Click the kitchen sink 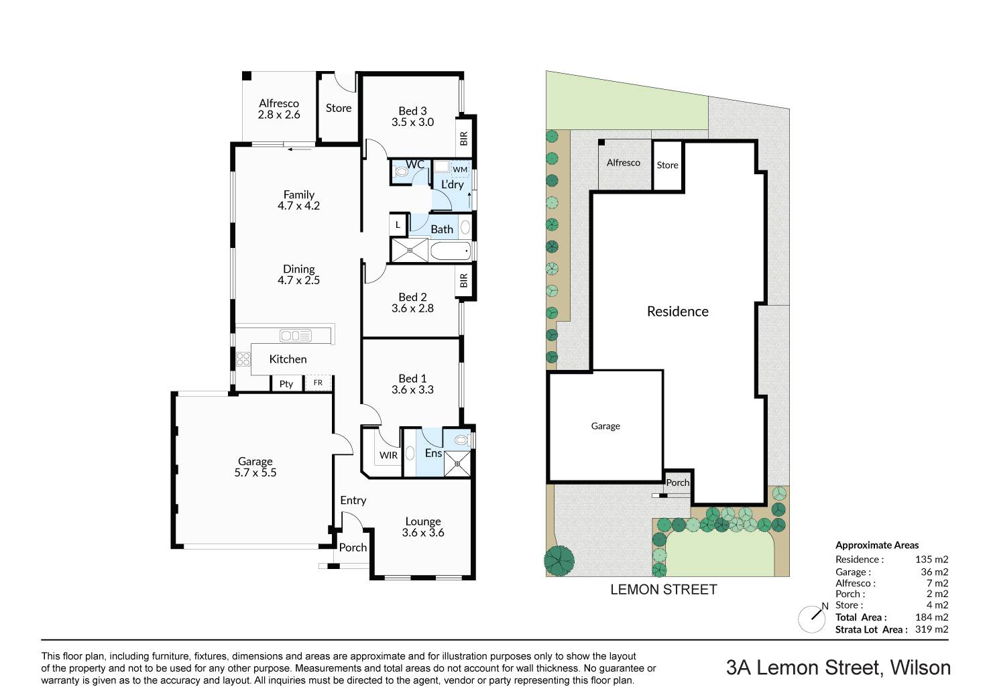click(296, 336)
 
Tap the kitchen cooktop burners click(243, 359)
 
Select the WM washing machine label click(460, 170)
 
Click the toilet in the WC click(401, 171)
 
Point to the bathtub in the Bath click(451, 251)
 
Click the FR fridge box click(318, 383)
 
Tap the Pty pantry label click(286, 384)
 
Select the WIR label click(388, 455)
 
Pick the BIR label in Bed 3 click(463, 139)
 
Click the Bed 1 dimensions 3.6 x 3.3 click(412, 389)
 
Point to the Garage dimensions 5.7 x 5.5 click(255, 472)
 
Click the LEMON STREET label click(664, 590)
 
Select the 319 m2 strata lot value click(931, 629)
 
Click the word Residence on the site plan click(678, 312)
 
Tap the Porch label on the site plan click(678, 483)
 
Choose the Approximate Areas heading click(877, 545)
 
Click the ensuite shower click(457, 464)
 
